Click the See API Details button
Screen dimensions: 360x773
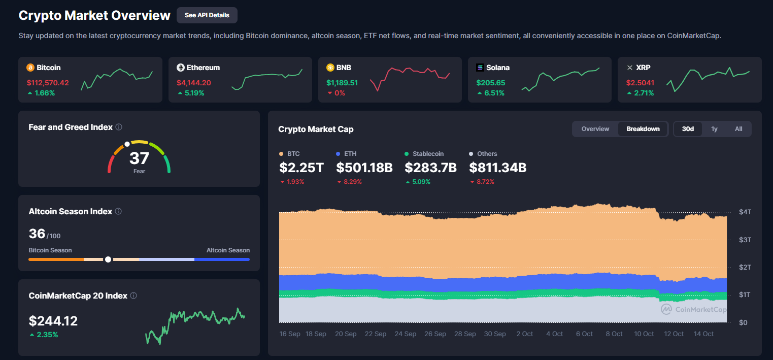pyautogui.click(x=207, y=15)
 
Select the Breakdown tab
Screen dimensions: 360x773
pyautogui.click(x=643, y=129)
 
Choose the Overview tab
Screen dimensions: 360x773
pyautogui.click(x=595, y=129)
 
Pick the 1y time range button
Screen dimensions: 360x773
pyautogui.click(x=714, y=129)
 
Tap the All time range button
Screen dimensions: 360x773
pyautogui.click(x=738, y=129)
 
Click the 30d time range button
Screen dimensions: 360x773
pyautogui.click(x=688, y=129)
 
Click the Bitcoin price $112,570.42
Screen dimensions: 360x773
pyautogui.click(x=48, y=83)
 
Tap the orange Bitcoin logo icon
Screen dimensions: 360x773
pyautogui.click(x=30, y=68)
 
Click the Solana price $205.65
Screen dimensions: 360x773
pyautogui.click(x=490, y=83)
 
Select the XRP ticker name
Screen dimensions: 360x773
pyautogui.click(x=643, y=68)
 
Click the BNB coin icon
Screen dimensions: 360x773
pyautogui.click(x=330, y=68)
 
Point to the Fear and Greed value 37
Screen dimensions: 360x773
pyautogui.click(x=139, y=158)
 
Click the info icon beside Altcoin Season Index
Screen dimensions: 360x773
pyautogui.click(x=118, y=211)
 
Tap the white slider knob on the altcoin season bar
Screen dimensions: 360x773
pyautogui.click(x=108, y=259)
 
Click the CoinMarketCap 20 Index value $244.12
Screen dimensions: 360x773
pyautogui.click(x=53, y=321)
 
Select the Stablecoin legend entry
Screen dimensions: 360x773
pyautogui.click(x=424, y=154)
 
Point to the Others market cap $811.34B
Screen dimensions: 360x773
pyautogui.click(x=497, y=168)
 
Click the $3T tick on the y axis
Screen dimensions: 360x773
pyautogui.click(x=744, y=240)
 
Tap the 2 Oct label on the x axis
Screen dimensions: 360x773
pyautogui.click(x=524, y=334)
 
